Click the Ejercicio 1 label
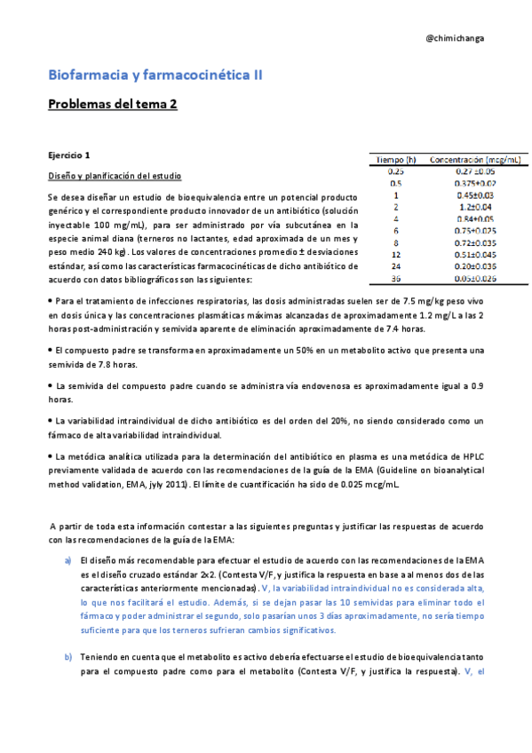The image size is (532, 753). [x=69, y=155]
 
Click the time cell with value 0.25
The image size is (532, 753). [x=396, y=170]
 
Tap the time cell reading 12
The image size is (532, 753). [x=396, y=254]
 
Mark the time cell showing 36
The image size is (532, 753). [x=396, y=278]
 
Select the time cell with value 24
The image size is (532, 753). [x=396, y=266]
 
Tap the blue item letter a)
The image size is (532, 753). [x=67, y=561]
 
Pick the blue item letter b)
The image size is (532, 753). [x=67, y=656]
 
